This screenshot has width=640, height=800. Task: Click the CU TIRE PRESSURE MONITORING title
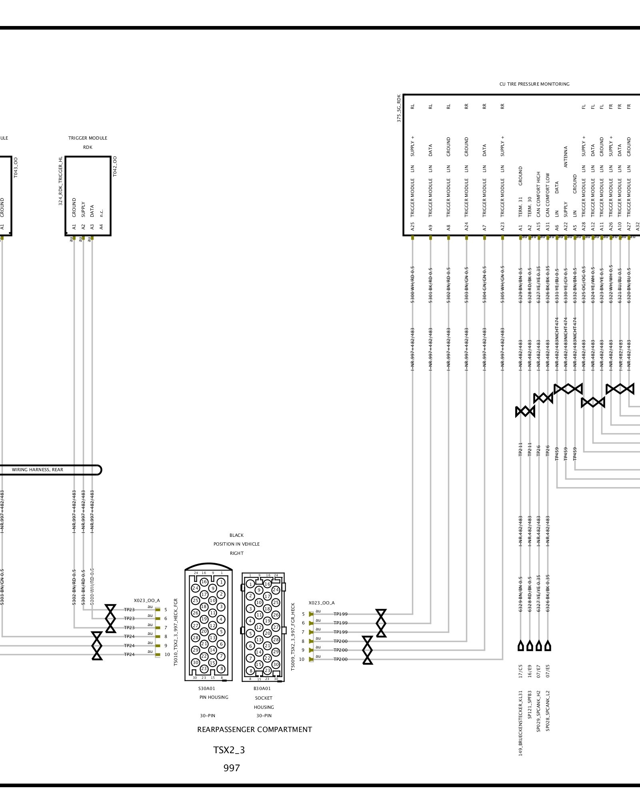pyautogui.click(x=534, y=84)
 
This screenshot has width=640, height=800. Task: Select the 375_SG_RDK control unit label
pyautogui.click(x=399, y=108)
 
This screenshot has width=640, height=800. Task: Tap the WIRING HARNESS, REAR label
pyautogui.click(x=38, y=470)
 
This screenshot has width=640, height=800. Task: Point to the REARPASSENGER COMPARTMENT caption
pyautogui.click(x=254, y=730)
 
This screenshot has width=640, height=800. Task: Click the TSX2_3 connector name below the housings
pyautogui.click(x=229, y=750)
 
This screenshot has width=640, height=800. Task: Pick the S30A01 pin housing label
pyautogui.click(x=207, y=688)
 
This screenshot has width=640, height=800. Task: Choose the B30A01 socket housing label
pyautogui.click(x=262, y=688)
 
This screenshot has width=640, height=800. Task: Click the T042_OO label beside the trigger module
pyautogui.click(x=115, y=166)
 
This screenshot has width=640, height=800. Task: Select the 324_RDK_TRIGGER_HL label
pyautogui.click(x=61, y=181)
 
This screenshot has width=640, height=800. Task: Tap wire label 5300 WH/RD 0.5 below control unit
pyautogui.click(x=412, y=284)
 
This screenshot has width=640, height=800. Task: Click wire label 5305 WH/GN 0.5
pyautogui.click(x=502, y=284)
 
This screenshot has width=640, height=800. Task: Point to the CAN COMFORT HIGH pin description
pyautogui.click(x=538, y=195)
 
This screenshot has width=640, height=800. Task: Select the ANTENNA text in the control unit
pyautogui.click(x=566, y=157)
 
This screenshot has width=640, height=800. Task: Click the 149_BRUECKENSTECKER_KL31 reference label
pyautogui.click(x=521, y=723)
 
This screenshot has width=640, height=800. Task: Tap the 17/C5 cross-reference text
pyautogui.click(x=521, y=671)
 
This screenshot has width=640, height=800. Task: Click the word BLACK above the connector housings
pyautogui.click(x=236, y=535)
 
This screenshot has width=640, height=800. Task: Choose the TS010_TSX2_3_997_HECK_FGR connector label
pyautogui.click(x=176, y=632)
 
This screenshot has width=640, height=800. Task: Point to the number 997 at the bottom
pyautogui.click(x=232, y=768)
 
